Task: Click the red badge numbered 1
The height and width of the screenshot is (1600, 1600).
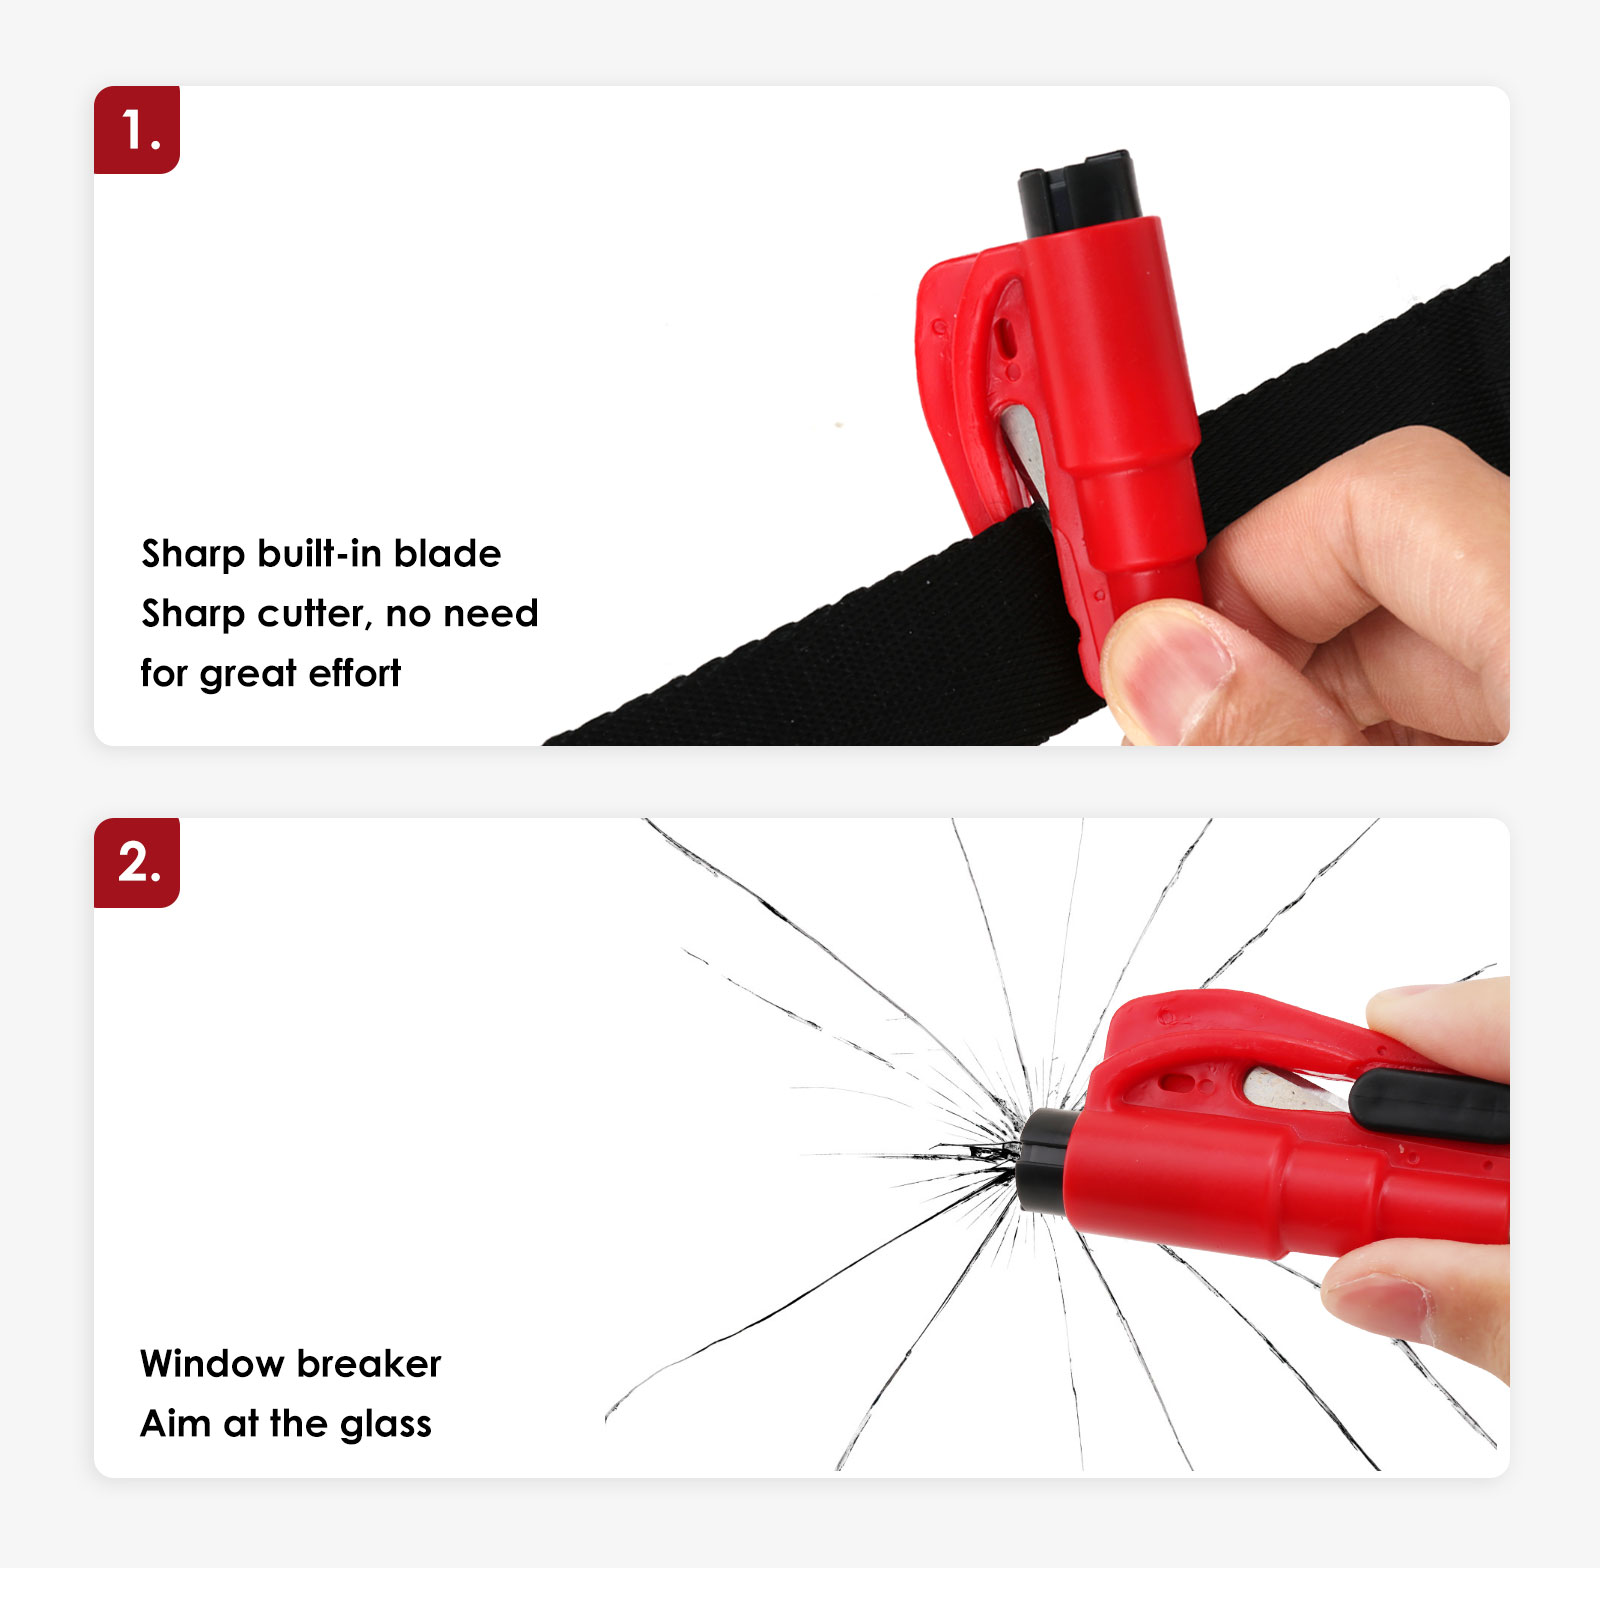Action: pos(137,130)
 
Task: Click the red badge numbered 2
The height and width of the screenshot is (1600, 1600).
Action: pos(137,863)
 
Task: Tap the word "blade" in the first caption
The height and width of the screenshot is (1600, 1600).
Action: pos(447,553)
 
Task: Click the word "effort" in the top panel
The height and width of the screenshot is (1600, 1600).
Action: pos(354,673)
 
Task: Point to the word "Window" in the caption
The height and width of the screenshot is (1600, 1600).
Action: pos(213,1364)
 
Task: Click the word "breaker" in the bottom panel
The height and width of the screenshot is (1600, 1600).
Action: pos(368,1364)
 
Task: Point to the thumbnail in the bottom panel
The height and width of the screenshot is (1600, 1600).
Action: pos(1375,1299)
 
